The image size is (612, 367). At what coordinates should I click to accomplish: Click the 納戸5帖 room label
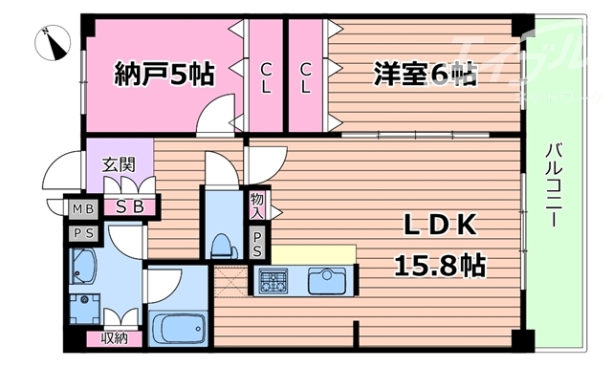[164, 73]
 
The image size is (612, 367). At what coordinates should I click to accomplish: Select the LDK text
[439, 227]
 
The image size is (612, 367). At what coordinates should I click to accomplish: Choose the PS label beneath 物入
[258, 243]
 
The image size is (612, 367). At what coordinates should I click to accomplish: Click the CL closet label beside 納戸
[266, 76]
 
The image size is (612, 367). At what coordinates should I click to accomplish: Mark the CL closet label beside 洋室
[306, 76]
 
